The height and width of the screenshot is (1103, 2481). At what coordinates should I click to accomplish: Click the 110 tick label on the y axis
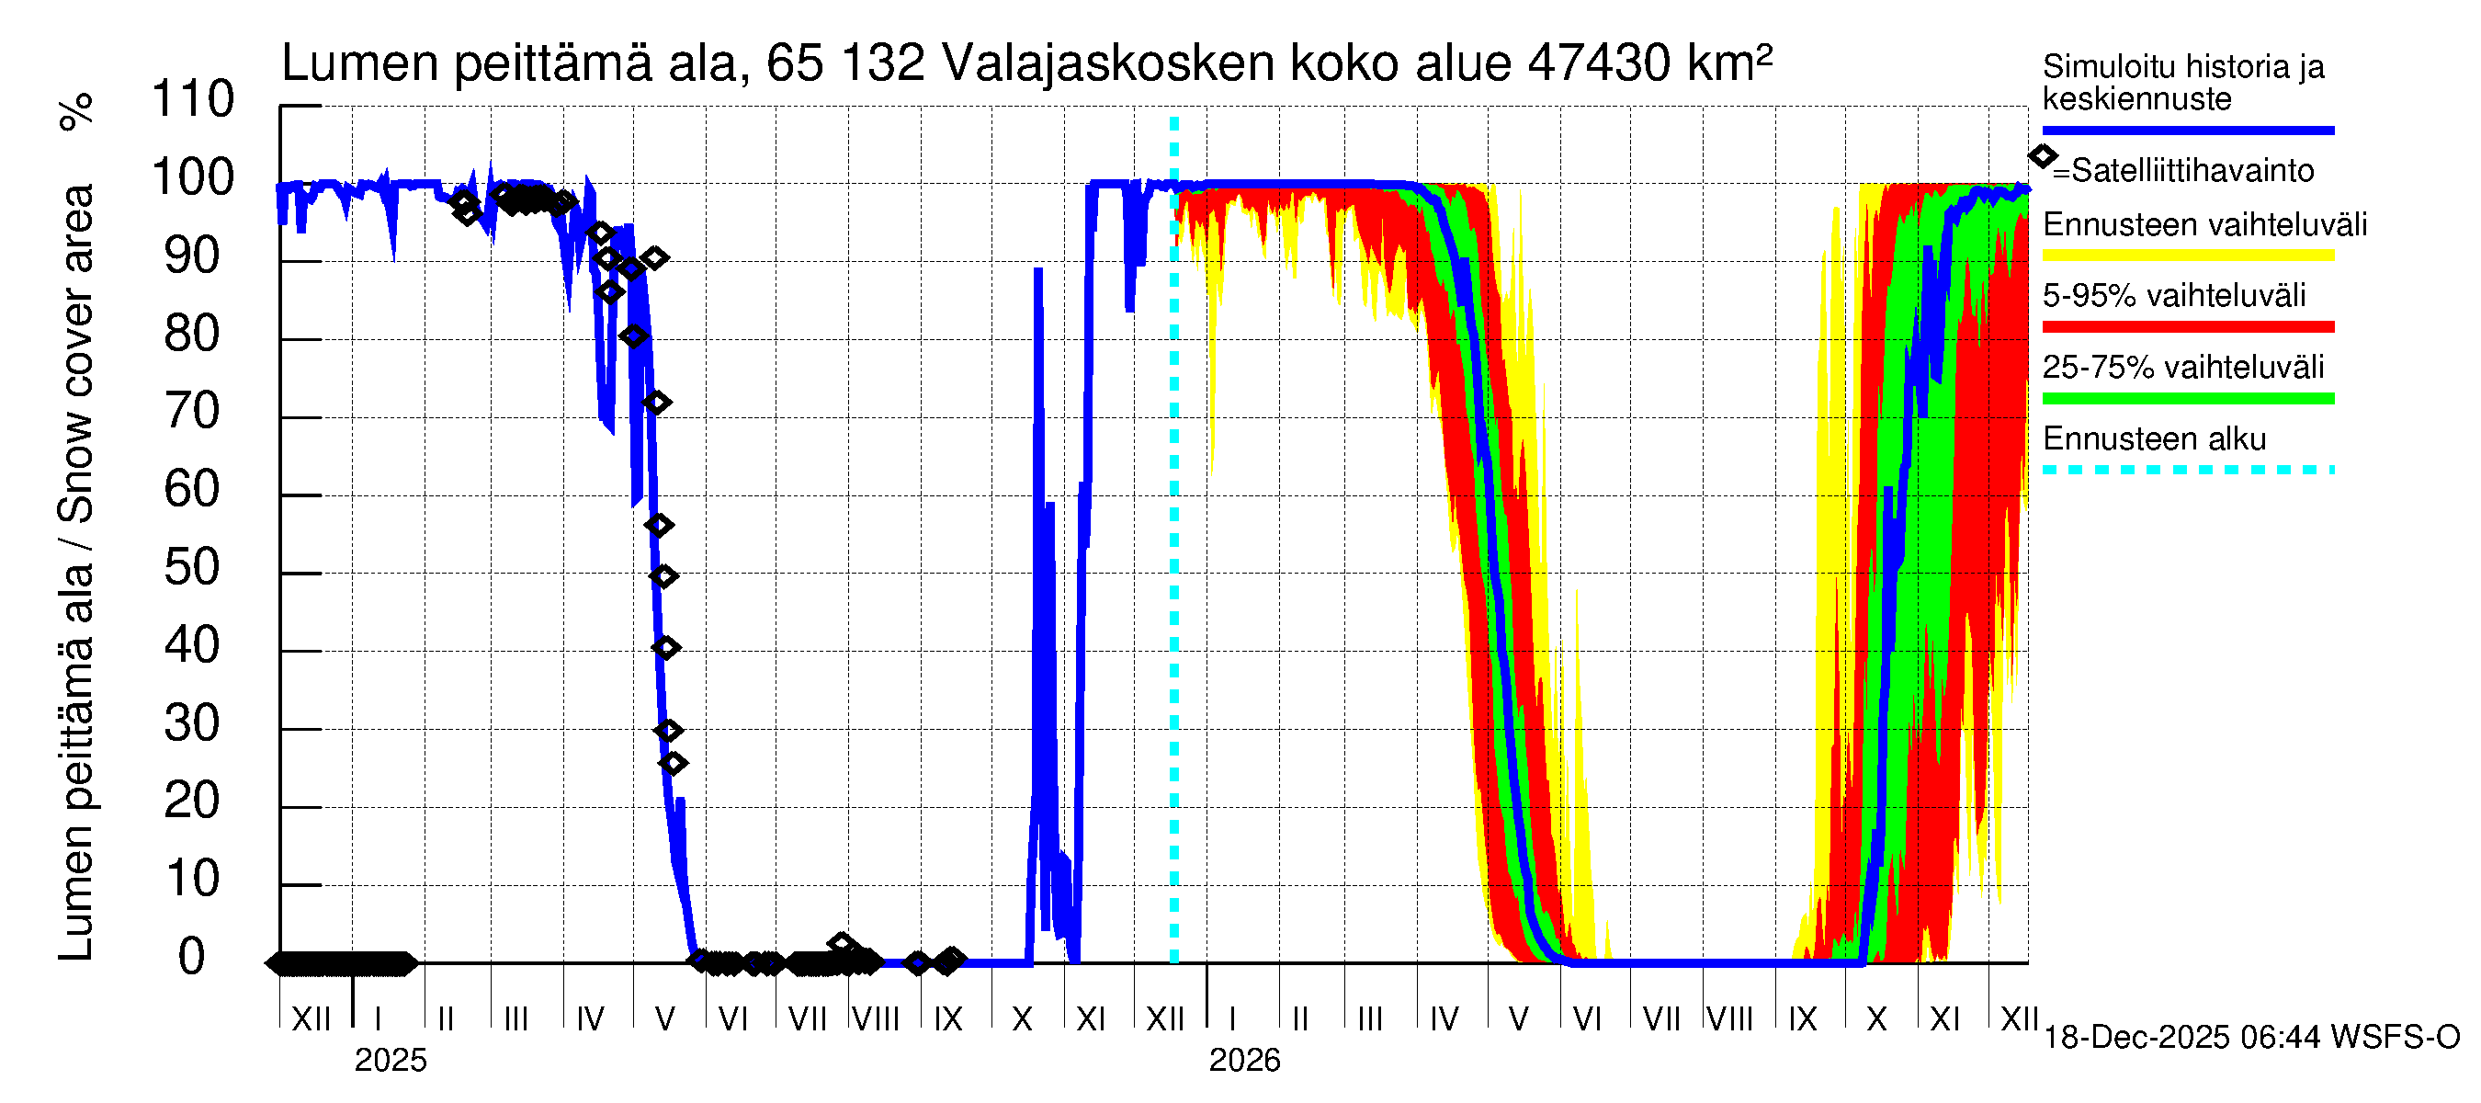click(x=193, y=99)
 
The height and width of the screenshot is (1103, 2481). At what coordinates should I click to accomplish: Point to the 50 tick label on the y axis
click(x=193, y=567)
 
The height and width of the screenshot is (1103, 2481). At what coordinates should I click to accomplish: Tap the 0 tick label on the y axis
click(x=192, y=957)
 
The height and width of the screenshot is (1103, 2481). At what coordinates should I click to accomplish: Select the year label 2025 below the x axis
click(x=390, y=1060)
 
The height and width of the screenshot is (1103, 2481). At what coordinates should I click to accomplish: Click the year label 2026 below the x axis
click(x=1244, y=1060)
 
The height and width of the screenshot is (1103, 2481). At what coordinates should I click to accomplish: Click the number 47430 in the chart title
click(x=1599, y=63)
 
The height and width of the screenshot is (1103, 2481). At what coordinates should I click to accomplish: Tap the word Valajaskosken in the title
click(x=1107, y=63)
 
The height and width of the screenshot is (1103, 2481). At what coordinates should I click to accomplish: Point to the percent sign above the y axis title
click(x=77, y=112)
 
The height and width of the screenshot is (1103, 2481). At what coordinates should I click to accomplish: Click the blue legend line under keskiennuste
click(x=2188, y=130)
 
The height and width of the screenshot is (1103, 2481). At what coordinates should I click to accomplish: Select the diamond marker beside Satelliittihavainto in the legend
click(x=2043, y=156)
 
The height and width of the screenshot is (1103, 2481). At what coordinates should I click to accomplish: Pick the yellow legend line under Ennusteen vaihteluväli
click(x=2188, y=256)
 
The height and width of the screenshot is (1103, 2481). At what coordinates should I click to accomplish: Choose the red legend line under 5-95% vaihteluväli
click(x=2188, y=327)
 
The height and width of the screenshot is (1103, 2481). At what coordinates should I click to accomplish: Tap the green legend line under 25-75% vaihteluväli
click(x=2188, y=399)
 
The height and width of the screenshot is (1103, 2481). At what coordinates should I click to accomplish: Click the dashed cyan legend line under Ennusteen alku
click(x=2188, y=470)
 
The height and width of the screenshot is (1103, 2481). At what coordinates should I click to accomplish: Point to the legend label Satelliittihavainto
click(x=2192, y=171)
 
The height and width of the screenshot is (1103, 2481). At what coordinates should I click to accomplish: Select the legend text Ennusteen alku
click(x=2155, y=439)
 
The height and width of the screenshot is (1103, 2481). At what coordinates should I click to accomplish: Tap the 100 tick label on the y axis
click(x=193, y=177)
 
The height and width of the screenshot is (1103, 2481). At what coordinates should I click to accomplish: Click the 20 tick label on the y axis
click(x=193, y=801)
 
